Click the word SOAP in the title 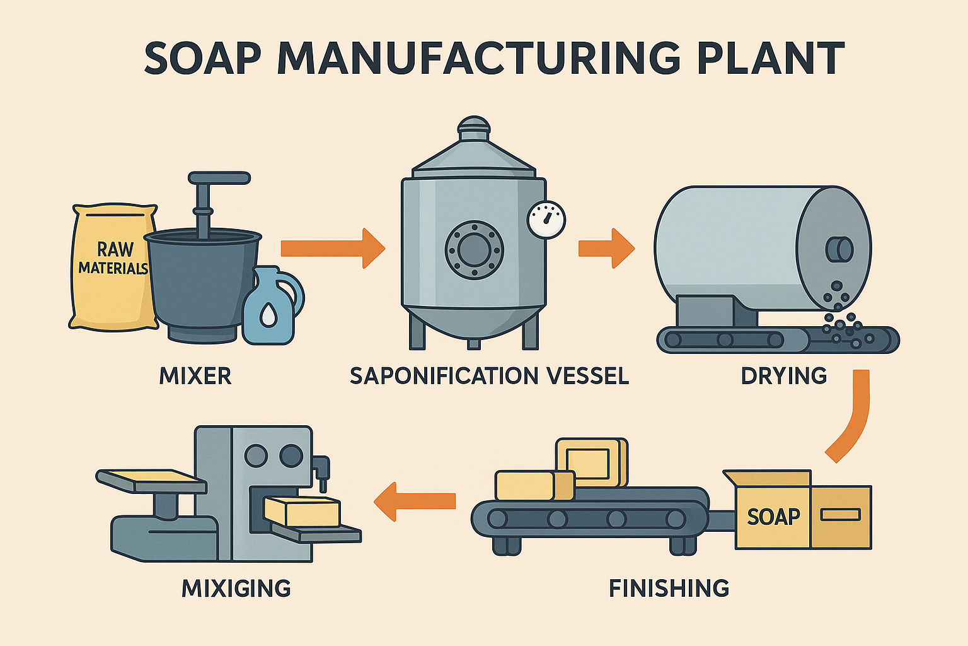pyautogui.click(x=202, y=59)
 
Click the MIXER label pyautogui.click(x=195, y=376)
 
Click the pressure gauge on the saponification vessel pyautogui.click(x=546, y=220)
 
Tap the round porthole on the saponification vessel pyautogui.click(x=474, y=250)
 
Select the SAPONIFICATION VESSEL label pyautogui.click(x=489, y=376)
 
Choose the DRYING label pyautogui.click(x=784, y=376)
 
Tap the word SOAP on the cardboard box pyautogui.click(x=773, y=517)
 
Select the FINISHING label pyautogui.click(x=669, y=589)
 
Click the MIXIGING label pyautogui.click(x=236, y=589)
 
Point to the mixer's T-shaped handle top pyautogui.click(x=219, y=179)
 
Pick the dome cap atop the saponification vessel pyautogui.click(x=473, y=127)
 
